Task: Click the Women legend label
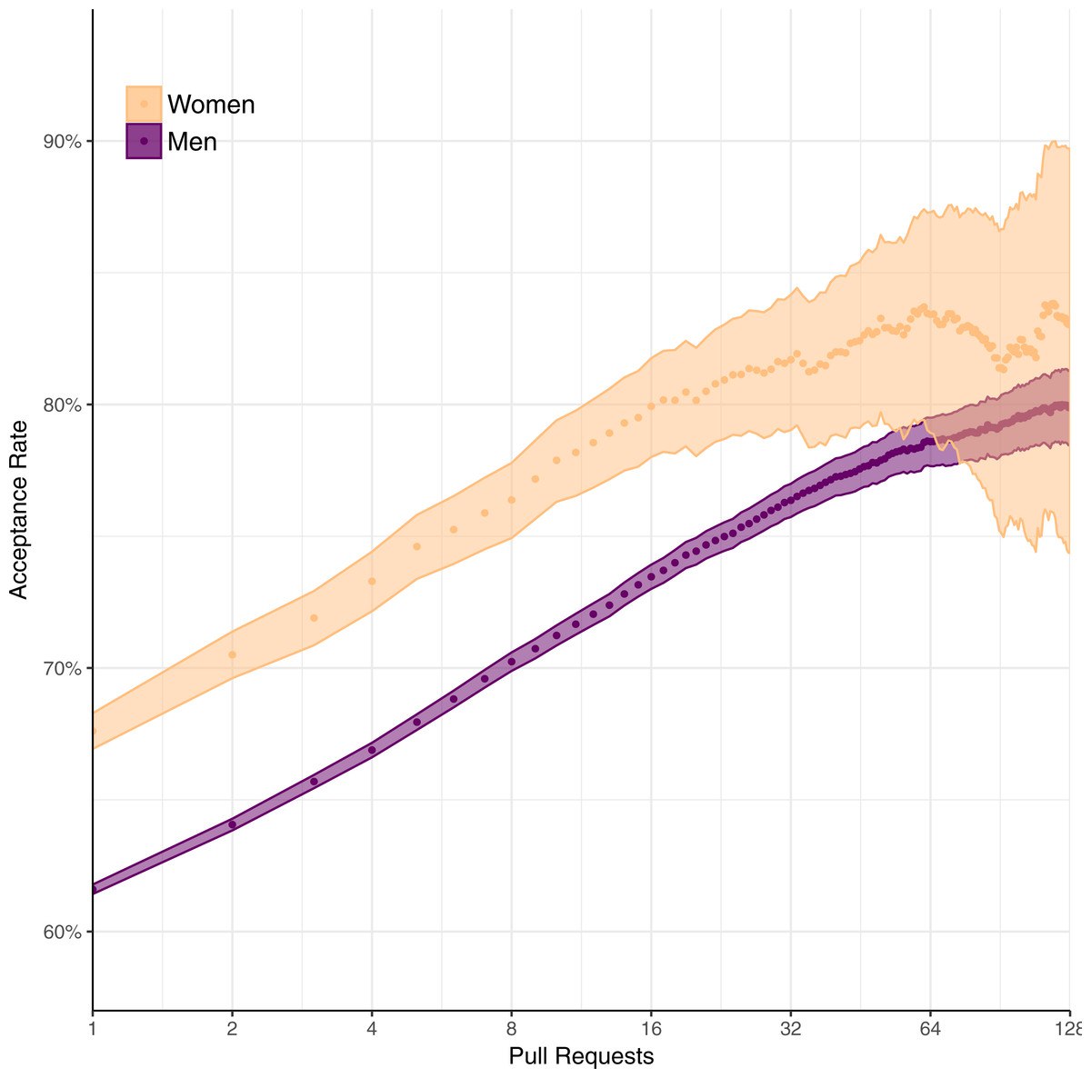pyautogui.click(x=211, y=105)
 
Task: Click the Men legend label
pyautogui.click(x=192, y=142)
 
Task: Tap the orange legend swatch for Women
pyautogui.click(x=144, y=104)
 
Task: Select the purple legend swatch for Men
pyautogui.click(x=144, y=141)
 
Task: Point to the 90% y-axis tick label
pyautogui.click(x=64, y=142)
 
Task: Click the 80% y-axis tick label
pyautogui.click(x=64, y=405)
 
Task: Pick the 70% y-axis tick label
pyautogui.click(x=64, y=669)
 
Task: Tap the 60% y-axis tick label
pyautogui.click(x=64, y=933)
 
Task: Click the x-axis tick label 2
pyautogui.click(x=232, y=1029)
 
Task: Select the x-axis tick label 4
pyautogui.click(x=372, y=1029)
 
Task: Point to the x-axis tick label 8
pyautogui.click(x=512, y=1029)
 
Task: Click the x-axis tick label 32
pyautogui.click(x=791, y=1029)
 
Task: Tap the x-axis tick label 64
pyautogui.click(x=930, y=1029)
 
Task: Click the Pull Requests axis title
pyautogui.click(x=581, y=1056)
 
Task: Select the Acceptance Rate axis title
pyautogui.click(x=19, y=509)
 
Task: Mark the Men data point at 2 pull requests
pyautogui.click(x=232, y=824)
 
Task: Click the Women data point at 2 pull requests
pyautogui.click(x=232, y=654)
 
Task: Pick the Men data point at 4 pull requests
pyautogui.click(x=372, y=750)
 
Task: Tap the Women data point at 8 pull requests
pyautogui.click(x=512, y=500)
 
